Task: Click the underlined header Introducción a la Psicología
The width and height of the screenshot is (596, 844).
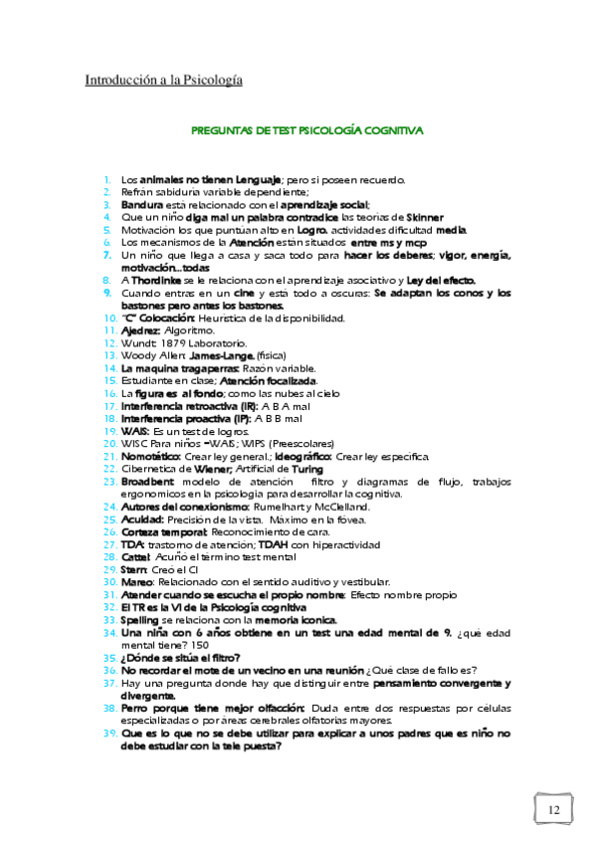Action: (163, 79)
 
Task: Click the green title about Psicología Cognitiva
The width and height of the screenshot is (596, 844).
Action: (306, 130)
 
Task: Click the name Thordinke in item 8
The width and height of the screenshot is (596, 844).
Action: (157, 280)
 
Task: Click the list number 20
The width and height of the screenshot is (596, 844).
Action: (109, 443)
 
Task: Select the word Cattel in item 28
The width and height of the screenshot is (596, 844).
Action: (137, 556)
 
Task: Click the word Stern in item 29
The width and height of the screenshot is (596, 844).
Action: (135, 569)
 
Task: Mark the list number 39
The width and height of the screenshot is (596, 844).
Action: (109, 734)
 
